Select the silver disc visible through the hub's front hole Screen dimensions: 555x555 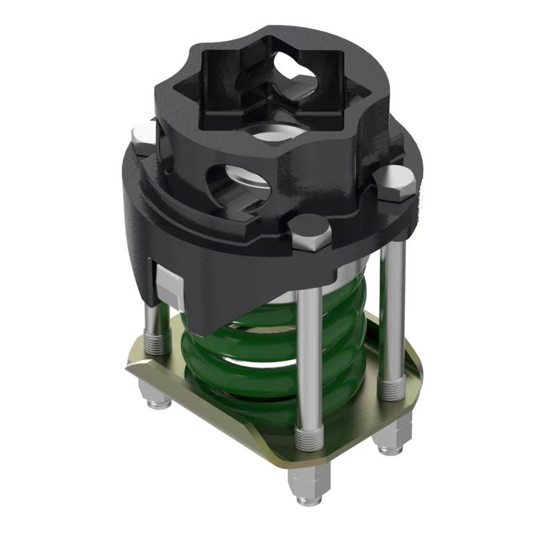coord(247,182)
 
